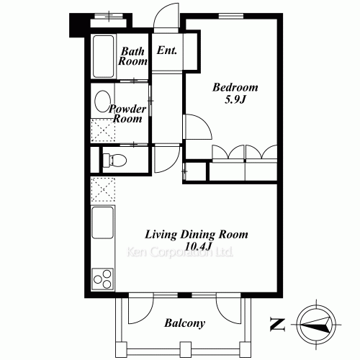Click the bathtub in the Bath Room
point(103,56)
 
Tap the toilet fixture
point(114,160)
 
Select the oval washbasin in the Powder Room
point(102,102)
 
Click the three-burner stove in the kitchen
point(103,279)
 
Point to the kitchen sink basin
point(103,222)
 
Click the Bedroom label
point(235,87)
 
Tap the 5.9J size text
point(235,99)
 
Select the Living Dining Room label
point(197,235)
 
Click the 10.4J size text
point(198,246)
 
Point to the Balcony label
point(184,323)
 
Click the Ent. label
point(167,50)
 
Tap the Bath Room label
point(132,56)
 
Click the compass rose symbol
point(316,325)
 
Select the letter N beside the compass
point(278,325)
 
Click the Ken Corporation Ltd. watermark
point(179,252)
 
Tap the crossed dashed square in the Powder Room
point(103,130)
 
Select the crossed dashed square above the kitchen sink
point(103,189)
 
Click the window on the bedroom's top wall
point(231,16)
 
